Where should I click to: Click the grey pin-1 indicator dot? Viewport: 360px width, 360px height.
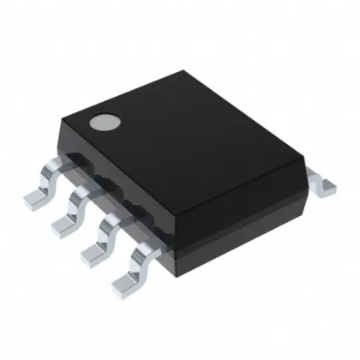(105, 123)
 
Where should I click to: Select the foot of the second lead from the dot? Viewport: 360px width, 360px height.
(65, 224)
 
